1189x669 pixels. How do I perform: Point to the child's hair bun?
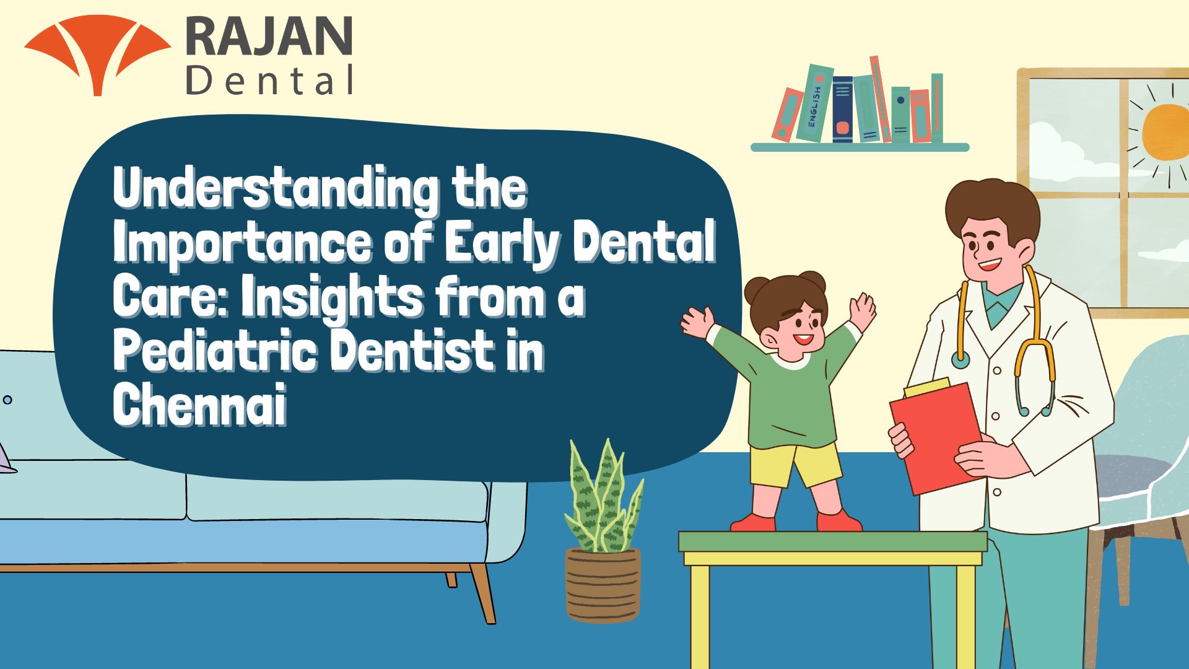tap(811, 282)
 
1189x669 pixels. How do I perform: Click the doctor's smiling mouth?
tap(989, 265)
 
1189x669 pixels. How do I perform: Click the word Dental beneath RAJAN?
tap(270, 81)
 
